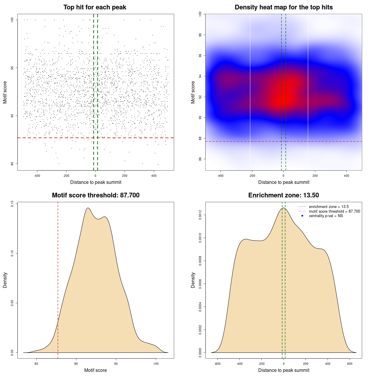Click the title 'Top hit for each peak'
(x=95, y=7)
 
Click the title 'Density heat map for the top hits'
(x=283, y=7)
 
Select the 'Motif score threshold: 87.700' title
(x=95, y=195)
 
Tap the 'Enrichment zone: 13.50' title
(x=283, y=195)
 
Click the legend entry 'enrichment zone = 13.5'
(x=329, y=207)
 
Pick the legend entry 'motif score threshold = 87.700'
(x=334, y=211)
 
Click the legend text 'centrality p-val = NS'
(x=326, y=216)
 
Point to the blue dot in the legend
(x=302, y=216)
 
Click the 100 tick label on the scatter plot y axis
(x=12, y=20)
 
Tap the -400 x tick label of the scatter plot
(x=37, y=176)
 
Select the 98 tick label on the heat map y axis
(x=200, y=35)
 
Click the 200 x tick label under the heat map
(x=315, y=176)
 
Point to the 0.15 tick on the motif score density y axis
(x=12, y=204)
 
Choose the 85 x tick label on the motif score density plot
(x=36, y=364)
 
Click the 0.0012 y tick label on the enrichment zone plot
(x=200, y=215)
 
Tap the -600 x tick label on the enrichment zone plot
(x=217, y=364)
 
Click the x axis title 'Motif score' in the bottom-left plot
(x=95, y=370)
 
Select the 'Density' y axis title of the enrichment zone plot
(x=193, y=280)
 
